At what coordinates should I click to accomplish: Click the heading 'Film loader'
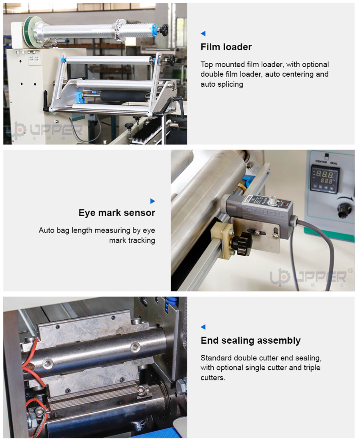226,47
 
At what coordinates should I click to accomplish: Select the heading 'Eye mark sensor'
117,213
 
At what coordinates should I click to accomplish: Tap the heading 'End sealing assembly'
250,340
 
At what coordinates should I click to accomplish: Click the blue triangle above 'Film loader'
203,34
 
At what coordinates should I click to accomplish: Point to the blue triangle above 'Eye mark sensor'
152,201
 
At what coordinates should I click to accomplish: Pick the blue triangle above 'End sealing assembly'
203,327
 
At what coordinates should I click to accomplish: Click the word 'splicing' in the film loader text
229,84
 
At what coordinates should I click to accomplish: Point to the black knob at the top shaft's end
164,29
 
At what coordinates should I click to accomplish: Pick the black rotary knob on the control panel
344,209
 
